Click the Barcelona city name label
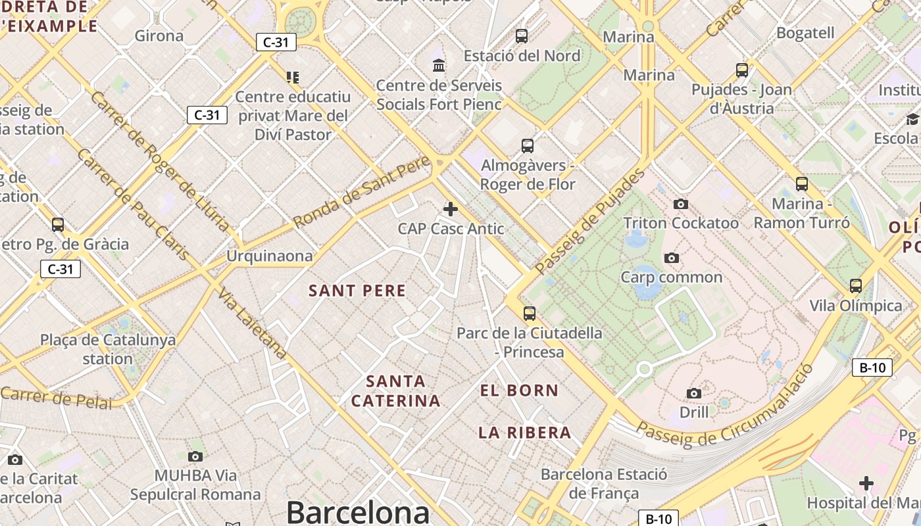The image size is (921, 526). [358, 512]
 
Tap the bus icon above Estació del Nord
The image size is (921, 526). [522, 36]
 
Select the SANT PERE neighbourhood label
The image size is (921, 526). [358, 291]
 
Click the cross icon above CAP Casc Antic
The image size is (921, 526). [451, 209]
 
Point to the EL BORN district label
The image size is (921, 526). [519, 391]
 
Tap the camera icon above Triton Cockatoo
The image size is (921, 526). [681, 204]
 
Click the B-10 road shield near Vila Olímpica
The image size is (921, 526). [872, 368]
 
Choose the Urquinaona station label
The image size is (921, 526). [270, 256]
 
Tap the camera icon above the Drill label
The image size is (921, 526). [694, 393]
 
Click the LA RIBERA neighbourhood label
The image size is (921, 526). [524, 433]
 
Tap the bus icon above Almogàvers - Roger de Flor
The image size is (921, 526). [528, 146]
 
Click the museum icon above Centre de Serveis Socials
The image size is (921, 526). [439, 65]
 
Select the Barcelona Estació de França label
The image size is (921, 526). [603, 483]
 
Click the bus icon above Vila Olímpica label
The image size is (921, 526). [856, 286]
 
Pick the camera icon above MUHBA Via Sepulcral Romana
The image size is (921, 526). [195, 456]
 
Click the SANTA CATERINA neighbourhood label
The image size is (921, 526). [395, 391]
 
